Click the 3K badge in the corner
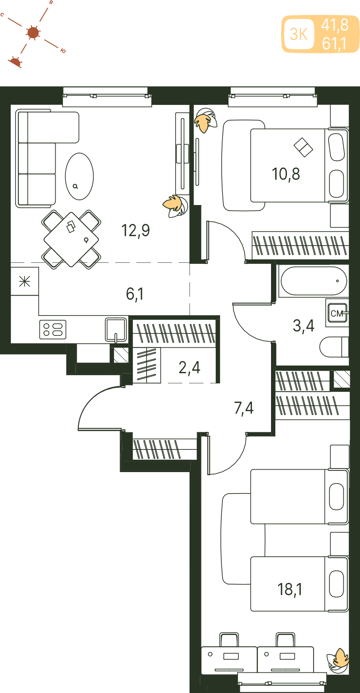pyautogui.click(x=299, y=34)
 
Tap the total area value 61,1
pyautogui.click(x=335, y=43)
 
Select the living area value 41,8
pyautogui.click(x=335, y=25)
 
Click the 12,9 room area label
pyautogui.click(x=135, y=230)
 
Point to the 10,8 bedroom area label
pyautogui.click(x=286, y=174)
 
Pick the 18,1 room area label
pyautogui.click(x=290, y=589)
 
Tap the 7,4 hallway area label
pyautogui.click(x=244, y=408)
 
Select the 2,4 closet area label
pyautogui.click(x=189, y=368)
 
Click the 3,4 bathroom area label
pyautogui.click(x=304, y=326)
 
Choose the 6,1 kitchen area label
pyautogui.click(x=135, y=294)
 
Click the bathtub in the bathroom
pyautogui.click(x=314, y=281)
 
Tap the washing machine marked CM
pyautogui.click(x=337, y=313)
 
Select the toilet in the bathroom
pyautogui.click(x=334, y=347)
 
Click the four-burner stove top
pyautogui.click(x=53, y=330)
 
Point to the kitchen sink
pyautogui.click(x=116, y=329)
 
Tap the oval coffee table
pyautogui.click(x=79, y=176)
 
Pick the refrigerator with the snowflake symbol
pyautogui.click(x=25, y=281)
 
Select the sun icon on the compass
pyautogui.click(x=33, y=33)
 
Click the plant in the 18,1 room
pyautogui.click(x=338, y=660)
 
